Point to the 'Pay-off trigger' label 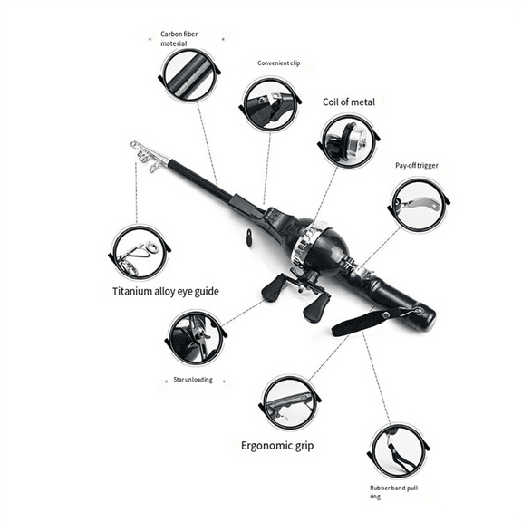(417, 166)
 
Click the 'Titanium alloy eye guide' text (166, 291)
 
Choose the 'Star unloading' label (192, 379)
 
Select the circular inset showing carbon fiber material (188, 76)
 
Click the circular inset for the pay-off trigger (419, 205)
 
